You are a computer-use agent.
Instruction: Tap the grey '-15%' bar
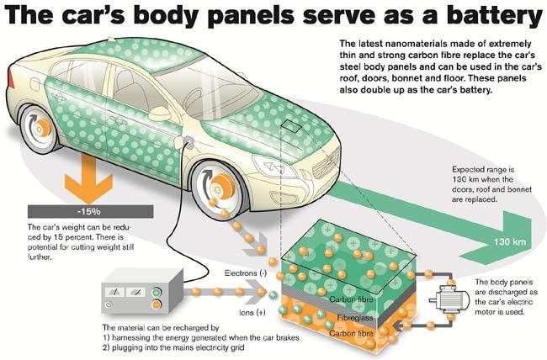[x=90, y=211]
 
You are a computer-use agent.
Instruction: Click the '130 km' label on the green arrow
[x=509, y=241]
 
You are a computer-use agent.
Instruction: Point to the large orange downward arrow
[x=88, y=178]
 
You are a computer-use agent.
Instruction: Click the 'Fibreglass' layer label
[x=355, y=318]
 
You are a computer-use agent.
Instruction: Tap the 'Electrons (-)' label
[x=246, y=273]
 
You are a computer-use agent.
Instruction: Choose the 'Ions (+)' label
[x=252, y=313]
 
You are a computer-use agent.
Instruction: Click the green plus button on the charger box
[x=157, y=292]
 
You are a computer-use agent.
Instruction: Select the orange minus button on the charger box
[x=157, y=304]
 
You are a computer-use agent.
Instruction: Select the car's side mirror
[x=159, y=114]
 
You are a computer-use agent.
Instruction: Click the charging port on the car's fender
[x=189, y=141]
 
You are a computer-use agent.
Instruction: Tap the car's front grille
[x=327, y=164]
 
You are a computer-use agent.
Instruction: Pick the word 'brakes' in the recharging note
[x=288, y=337]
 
